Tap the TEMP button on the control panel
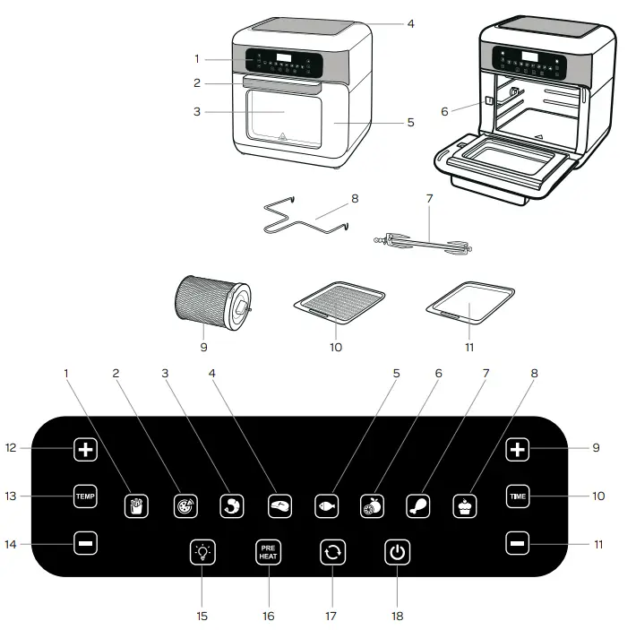[x=86, y=496]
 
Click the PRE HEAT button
[x=268, y=552]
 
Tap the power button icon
[x=398, y=552]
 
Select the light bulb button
[x=202, y=552]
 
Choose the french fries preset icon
[x=135, y=505]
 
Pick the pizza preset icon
[x=185, y=505]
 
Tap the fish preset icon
[x=327, y=505]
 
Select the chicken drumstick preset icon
[x=418, y=505]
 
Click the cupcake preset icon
[x=465, y=505]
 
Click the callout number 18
[x=398, y=616]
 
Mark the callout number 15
[x=202, y=616]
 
